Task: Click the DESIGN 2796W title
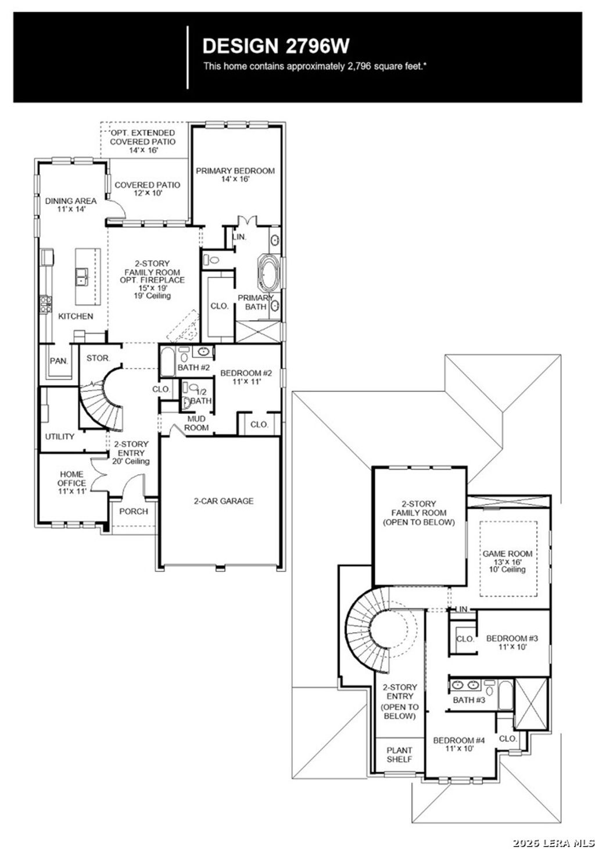(276, 46)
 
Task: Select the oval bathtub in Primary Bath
(269, 273)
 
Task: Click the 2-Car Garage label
(224, 500)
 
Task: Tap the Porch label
(134, 511)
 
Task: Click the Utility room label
(60, 436)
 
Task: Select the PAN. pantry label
(59, 360)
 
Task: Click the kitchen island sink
(81, 275)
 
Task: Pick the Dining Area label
(71, 204)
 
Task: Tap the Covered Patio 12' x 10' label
(147, 188)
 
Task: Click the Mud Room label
(196, 422)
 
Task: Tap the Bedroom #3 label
(512, 642)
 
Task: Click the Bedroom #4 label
(458, 744)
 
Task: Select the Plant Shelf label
(399, 754)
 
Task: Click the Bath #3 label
(469, 700)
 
